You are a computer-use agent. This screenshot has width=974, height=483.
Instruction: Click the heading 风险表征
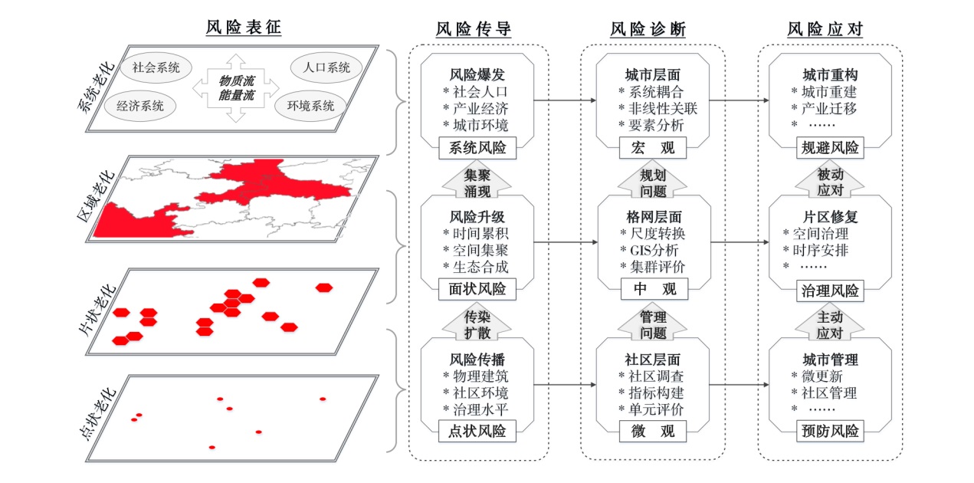coord(244,28)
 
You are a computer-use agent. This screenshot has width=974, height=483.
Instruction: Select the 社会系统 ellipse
coord(156,67)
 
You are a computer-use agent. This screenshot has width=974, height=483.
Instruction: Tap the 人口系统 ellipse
coord(326,67)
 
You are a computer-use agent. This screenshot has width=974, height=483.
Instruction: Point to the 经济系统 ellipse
coord(140,106)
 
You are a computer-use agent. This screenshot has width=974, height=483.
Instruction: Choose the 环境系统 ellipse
coord(311,106)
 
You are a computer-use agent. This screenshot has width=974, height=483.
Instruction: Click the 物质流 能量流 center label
coord(236,87)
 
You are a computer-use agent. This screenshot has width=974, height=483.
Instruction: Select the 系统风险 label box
coord(477,148)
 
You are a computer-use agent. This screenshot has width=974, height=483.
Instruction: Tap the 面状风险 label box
coord(477,289)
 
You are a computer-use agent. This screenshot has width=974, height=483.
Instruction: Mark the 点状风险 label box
coord(477,431)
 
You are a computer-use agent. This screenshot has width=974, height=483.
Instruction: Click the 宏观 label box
coord(653,148)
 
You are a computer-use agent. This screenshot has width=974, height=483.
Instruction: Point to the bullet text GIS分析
coord(654,250)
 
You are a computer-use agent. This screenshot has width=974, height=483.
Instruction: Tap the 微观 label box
coord(653,431)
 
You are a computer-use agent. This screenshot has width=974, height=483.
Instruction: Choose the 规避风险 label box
coord(830,148)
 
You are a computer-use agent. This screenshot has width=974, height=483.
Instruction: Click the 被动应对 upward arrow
coord(830,181)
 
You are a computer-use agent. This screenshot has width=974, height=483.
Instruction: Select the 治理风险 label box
coord(830,291)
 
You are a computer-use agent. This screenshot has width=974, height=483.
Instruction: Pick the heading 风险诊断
coord(648,29)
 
